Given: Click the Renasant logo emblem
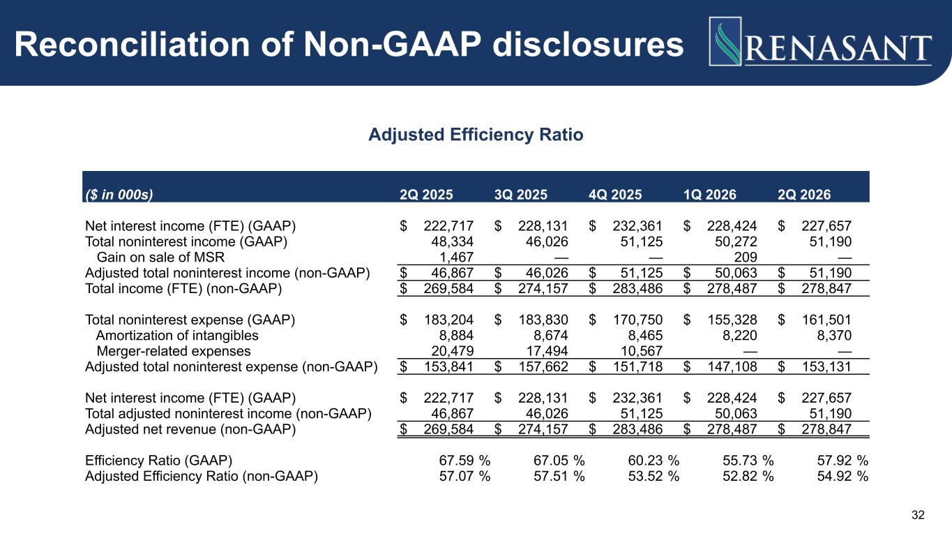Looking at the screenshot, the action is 725,41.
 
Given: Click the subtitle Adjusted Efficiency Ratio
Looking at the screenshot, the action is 476,135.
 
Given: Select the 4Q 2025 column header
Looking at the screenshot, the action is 615,195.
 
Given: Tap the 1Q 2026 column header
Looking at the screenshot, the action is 710,195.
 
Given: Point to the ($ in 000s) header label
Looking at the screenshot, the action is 119,195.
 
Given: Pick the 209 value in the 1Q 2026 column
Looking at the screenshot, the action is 746,257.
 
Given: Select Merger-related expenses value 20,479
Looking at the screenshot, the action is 452,351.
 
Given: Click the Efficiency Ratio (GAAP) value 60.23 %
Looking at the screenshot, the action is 653,461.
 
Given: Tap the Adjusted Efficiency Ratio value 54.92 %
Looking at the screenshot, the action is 843,476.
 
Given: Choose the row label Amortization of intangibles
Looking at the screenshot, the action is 177,335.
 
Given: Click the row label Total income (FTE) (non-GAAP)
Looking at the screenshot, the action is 183,288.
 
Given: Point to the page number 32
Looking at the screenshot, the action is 918,515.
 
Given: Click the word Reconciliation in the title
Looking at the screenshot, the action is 133,45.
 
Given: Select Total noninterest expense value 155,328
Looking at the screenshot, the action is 732,320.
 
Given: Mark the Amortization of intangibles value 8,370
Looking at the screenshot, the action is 834,335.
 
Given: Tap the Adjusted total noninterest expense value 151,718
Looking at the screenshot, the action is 637,366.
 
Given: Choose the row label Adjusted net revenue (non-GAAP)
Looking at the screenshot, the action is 190,429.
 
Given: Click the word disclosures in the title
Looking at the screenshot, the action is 588,45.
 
